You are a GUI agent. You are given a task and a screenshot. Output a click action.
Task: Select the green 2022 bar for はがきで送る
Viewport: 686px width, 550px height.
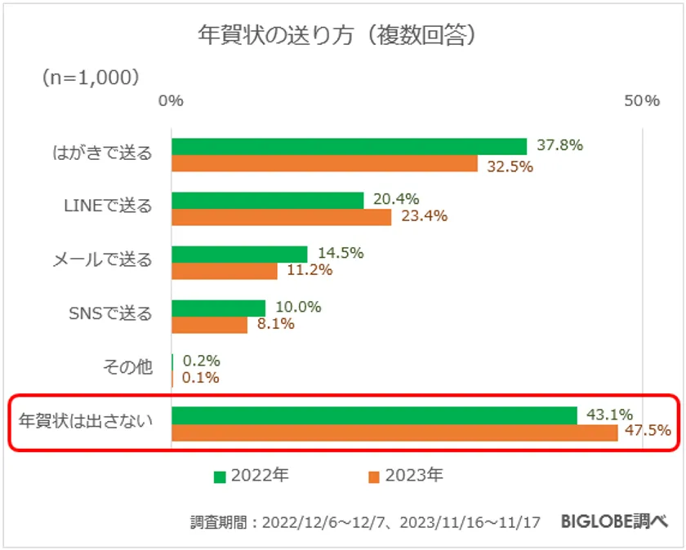click(349, 147)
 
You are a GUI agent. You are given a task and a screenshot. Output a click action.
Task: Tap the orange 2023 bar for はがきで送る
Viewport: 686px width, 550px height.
click(324, 164)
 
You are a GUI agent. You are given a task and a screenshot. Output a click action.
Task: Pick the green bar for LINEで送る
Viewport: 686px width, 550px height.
click(267, 201)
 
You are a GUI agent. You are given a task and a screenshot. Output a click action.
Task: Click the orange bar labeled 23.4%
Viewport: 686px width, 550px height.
click(281, 218)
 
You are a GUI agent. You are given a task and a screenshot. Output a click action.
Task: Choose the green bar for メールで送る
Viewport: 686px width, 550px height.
click(239, 255)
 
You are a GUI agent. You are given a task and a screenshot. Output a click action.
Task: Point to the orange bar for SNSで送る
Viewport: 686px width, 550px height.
click(209, 325)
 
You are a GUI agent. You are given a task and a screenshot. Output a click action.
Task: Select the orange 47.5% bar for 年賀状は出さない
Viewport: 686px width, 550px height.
click(394, 432)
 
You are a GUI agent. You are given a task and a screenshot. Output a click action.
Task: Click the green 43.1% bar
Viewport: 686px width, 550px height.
click(374, 415)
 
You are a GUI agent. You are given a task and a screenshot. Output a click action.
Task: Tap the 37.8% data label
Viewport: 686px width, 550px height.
click(559, 146)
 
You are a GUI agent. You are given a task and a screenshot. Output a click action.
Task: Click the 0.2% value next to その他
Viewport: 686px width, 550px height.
click(202, 361)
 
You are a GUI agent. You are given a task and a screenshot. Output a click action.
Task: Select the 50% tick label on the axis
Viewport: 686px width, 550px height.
click(641, 101)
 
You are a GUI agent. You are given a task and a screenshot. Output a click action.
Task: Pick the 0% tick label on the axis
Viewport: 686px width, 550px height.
click(171, 101)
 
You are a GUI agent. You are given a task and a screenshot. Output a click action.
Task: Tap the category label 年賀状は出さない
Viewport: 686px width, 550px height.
click(86, 422)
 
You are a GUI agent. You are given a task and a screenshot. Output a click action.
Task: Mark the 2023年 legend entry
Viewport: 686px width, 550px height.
click(406, 476)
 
